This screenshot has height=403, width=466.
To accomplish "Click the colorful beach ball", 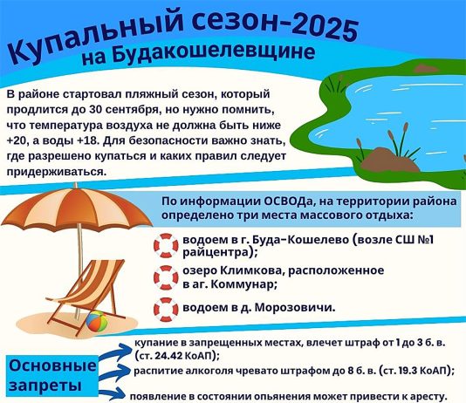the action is click(97, 321).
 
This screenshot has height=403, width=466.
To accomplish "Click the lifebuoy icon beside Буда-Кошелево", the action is click(166, 246).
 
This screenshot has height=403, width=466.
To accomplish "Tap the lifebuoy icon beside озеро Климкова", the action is click(166, 277).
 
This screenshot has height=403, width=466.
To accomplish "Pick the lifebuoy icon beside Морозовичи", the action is click(166, 310).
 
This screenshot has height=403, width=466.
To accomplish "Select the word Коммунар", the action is click(243, 284).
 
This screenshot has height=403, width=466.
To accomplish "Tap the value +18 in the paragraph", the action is click(87, 140).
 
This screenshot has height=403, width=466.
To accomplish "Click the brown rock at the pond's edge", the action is click(389, 160).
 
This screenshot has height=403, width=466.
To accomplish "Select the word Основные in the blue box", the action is click(52, 365).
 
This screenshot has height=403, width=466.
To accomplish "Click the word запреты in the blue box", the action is click(45, 386).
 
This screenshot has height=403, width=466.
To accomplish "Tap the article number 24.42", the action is click(168, 356).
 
